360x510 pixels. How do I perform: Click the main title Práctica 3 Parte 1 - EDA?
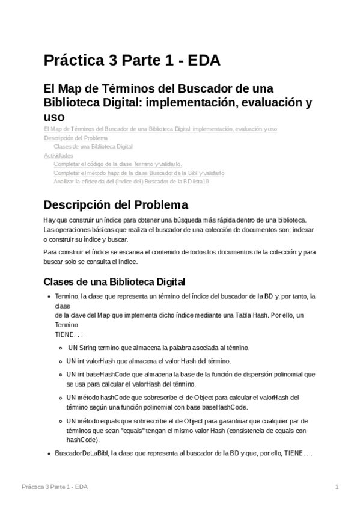132,61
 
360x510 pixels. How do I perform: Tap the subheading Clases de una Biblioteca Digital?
115,281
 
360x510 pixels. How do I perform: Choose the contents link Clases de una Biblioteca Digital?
93,147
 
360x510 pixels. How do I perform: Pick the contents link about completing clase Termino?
117,164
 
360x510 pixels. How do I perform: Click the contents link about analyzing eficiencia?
131,182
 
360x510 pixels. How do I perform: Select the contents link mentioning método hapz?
139,173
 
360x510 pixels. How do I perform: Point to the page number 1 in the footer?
337,487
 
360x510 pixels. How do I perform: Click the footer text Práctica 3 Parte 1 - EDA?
54,487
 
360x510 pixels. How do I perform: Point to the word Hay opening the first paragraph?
50,221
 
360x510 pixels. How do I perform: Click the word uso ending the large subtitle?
53,117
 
